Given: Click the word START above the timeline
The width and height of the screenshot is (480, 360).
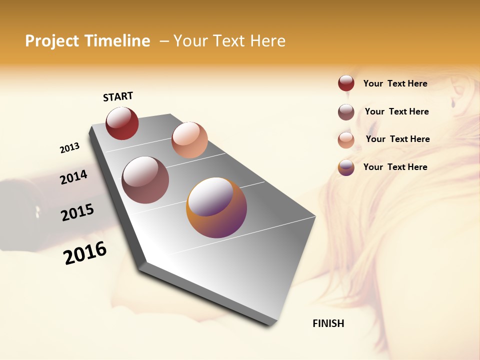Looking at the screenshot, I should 118,96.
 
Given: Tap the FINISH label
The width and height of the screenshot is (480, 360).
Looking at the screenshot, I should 328,323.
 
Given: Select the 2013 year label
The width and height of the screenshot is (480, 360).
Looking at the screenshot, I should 69,148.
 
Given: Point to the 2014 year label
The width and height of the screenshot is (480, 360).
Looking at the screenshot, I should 73,177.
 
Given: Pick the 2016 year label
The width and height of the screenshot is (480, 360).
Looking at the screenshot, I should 85,252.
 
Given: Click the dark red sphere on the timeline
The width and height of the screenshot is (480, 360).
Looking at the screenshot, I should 122,123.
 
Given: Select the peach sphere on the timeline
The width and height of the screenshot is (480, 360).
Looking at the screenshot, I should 189,139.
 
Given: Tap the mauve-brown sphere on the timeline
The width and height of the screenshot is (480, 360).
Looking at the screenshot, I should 145,180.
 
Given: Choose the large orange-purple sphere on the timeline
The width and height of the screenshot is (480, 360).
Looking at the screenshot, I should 216,207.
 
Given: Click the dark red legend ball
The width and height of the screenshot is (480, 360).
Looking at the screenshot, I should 346,83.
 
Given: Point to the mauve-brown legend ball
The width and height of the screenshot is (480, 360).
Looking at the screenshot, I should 346,112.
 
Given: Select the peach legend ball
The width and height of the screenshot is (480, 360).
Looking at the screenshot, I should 346,140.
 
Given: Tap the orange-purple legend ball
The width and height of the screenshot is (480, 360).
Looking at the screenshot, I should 346,167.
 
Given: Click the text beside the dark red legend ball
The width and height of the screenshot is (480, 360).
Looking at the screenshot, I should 395,83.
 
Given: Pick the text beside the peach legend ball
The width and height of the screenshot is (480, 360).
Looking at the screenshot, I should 397,139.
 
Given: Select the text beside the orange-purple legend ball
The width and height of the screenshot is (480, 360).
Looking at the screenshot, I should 395,167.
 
